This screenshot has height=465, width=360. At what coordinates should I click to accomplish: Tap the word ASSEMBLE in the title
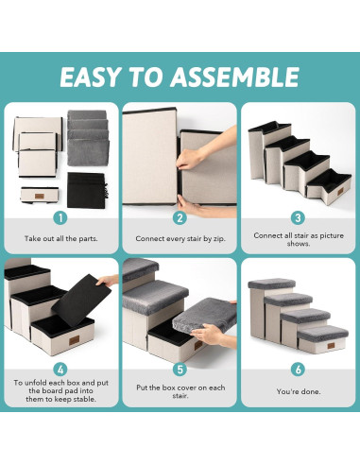[x=235, y=77]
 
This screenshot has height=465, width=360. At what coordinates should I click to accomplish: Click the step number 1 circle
[x=60, y=218]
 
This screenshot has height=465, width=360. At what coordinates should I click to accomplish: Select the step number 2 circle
[x=180, y=218]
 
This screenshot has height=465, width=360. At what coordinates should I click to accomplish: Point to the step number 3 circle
[x=298, y=218]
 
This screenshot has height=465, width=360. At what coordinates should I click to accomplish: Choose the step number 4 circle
[x=60, y=370]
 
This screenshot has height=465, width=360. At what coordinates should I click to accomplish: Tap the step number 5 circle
[x=180, y=370]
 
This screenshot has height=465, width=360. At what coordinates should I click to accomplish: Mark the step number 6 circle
[x=298, y=370]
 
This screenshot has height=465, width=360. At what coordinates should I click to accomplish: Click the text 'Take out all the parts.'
[x=61, y=238]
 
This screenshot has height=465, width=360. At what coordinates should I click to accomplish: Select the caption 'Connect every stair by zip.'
[x=180, y=239]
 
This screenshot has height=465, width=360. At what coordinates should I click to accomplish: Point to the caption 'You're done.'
[x=299, y=391]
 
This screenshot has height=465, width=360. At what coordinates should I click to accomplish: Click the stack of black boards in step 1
[x=87, y=190]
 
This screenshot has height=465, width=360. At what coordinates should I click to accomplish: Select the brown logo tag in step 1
[x=40, y=196]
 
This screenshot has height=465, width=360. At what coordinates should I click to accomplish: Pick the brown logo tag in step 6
[x=331, y=346]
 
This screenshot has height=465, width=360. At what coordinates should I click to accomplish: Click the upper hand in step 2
[x=206, y=148]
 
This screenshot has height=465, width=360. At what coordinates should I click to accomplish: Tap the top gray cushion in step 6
[x=271, y=284]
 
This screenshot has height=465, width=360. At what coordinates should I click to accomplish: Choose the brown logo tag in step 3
[x=340, y=191]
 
